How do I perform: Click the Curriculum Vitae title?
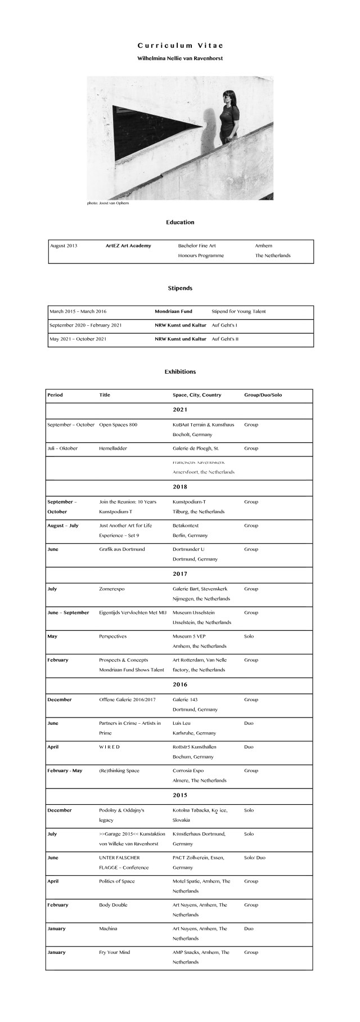click(180, 46)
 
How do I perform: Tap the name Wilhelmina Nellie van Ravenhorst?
click(180, 59)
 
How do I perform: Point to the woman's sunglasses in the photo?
click(227, 97)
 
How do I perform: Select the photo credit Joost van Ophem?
click(108, 203)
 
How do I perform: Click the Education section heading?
click(180, 222)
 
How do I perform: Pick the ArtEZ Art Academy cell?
click(128, 246)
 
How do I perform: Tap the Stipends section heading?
click(180, 288)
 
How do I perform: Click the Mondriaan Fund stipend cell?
click(173, 311)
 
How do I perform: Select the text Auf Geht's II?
click(225, 339)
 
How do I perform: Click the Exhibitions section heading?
click(180, 372)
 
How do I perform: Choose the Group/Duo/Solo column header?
click(263, 395)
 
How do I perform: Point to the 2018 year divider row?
click(180, 487)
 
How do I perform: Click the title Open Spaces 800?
click(118, 425)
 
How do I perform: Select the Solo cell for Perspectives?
click(249, 636)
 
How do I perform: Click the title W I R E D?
click(110, 747)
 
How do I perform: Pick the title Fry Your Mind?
click(114, 952)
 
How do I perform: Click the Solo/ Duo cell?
click(254, 858)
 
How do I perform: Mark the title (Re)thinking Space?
click(119, 770)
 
